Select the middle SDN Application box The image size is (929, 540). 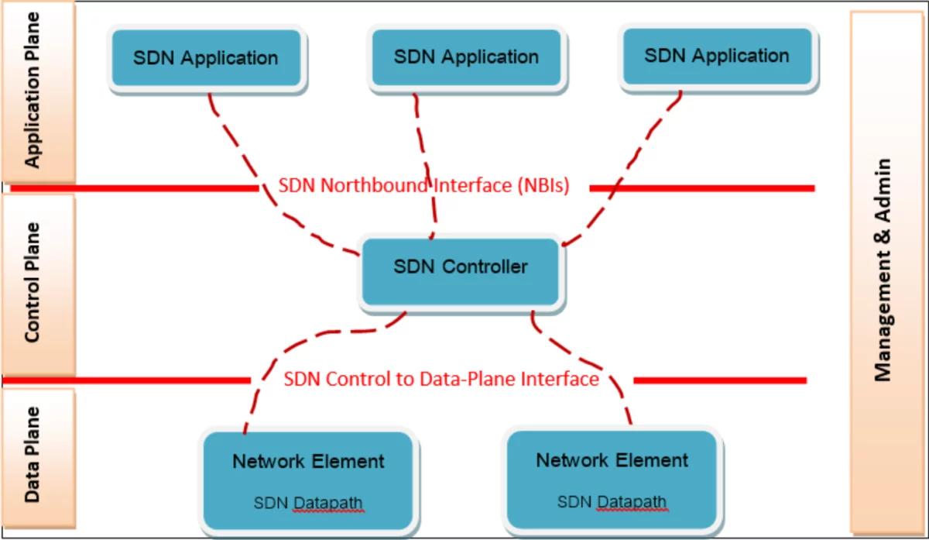pyautogui.click(x=466, y=57)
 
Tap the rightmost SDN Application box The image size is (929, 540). pyautogui.click(x=717, y=57)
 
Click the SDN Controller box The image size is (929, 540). pyautogui.click(x=461, y=270)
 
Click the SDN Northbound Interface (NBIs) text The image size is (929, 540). pyautogui.click(x=424, y=186)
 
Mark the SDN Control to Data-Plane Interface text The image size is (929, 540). pyautogui.click(x=441, y=379)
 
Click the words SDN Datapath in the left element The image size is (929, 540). pyautogui.click(x=308, y=503)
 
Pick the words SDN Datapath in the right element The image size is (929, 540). pyautogui.click(x=612, y=502)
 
